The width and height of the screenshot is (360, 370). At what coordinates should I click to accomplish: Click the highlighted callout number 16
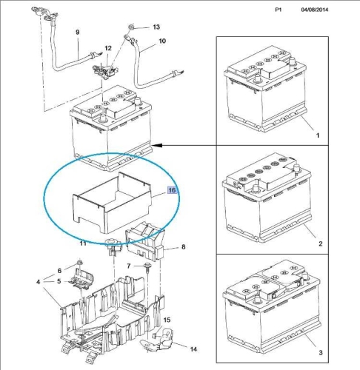[172, 190]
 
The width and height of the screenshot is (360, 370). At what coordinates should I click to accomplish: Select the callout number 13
[156, 27]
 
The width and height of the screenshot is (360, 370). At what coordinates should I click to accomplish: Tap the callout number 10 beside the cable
[162, 41]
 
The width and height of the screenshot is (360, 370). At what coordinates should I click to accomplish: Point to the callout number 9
[78, 32]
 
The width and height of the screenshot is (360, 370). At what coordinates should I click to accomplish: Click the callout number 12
[108, 48]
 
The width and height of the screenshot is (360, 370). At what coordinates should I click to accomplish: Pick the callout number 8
[183, 246]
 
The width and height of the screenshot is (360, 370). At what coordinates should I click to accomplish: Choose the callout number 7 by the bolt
[129, 266]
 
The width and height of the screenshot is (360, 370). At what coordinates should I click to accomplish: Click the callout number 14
[193, 349]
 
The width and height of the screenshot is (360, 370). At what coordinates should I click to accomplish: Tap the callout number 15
[167, 320]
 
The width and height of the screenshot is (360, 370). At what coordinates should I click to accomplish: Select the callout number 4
[38, 281]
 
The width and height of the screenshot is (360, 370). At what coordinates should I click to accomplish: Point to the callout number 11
[83, 243]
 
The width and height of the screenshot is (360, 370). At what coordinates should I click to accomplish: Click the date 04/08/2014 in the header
[315, 10]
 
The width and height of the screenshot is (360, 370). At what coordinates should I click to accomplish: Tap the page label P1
[279, 10]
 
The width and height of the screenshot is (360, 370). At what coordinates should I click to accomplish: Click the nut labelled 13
[131, 27]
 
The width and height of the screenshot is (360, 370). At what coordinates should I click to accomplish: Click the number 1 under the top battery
[318, 135]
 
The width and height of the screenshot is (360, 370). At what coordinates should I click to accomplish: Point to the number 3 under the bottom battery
[321, 353]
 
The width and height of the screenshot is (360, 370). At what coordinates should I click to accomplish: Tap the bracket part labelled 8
[146, 242]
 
